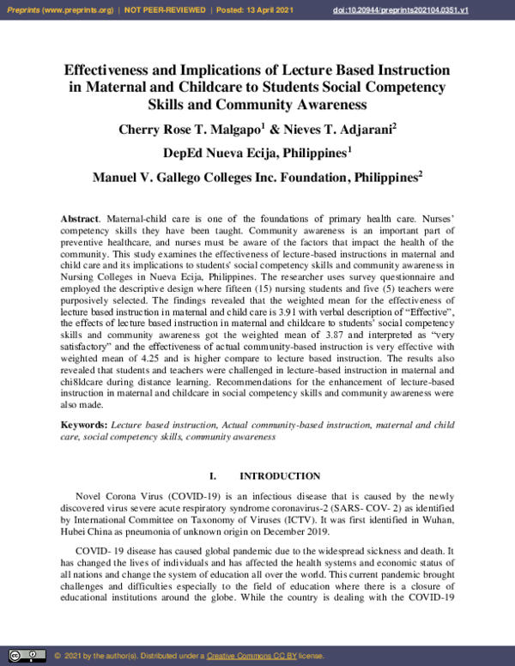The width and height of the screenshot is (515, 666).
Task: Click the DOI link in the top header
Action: pos(412,9)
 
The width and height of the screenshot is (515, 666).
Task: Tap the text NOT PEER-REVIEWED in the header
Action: pos(167,9)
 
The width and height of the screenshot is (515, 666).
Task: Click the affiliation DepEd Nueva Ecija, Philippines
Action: pos(255,154)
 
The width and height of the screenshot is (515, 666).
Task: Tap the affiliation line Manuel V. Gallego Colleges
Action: pos(255,178)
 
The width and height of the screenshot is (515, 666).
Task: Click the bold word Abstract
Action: pos(79,220)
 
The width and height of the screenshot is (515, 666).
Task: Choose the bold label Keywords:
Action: pos(83,425)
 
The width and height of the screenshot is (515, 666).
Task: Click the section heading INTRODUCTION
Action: pos(280,475)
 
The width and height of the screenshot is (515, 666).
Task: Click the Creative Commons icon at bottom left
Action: pos(27,656)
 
